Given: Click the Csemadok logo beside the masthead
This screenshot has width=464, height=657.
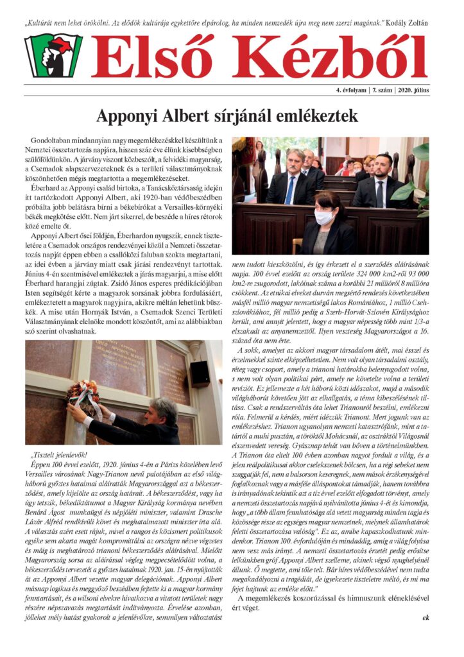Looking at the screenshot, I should coord(54,56).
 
